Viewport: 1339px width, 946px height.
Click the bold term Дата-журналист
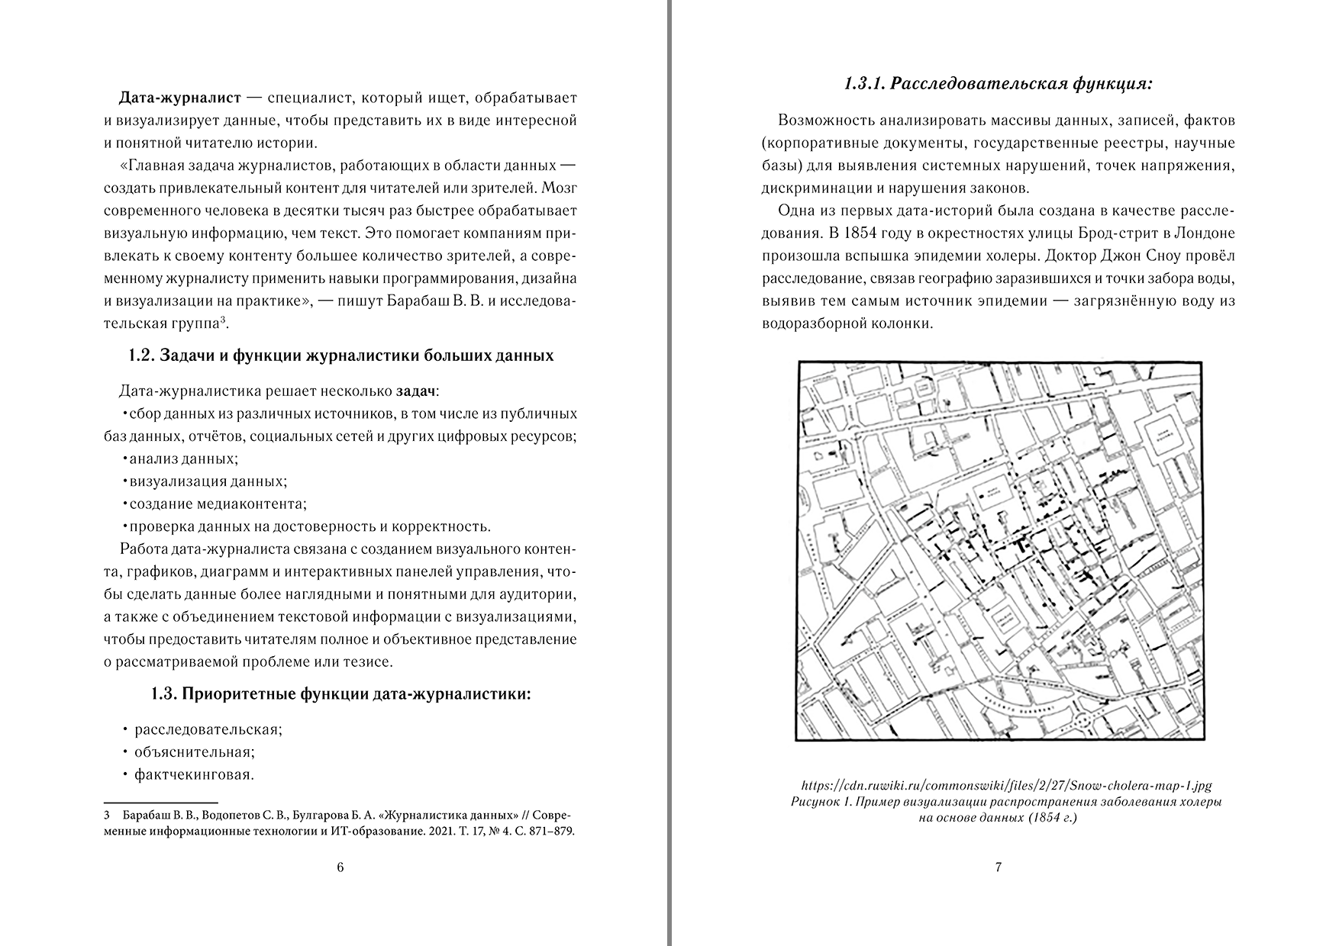pos(180,98)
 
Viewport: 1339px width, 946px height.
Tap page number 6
pos(340,867)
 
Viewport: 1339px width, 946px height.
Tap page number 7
pos(999,867)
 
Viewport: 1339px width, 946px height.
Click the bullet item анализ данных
pos(183,459)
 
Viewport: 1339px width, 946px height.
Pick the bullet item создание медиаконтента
pos(218,504)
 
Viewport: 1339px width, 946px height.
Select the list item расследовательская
pos(208,729)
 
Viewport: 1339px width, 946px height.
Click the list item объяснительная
pos(194,751)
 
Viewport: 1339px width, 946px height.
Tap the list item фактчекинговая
pos(193,774)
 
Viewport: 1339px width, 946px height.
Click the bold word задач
pos(416,391)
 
